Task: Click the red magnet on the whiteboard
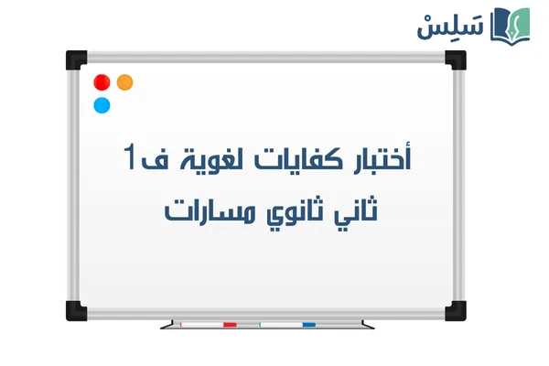pyautogui.click(x=102, y=82)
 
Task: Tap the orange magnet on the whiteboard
pyautogui.click(x=125, y=81)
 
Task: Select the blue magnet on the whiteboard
pyautogui.click(x=102, y=104)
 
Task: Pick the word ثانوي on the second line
pyautogui.click(x=293, y=212)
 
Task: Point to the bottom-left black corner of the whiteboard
pyautogui.click(x=74, y=307)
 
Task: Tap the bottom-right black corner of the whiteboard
pyautogui.click(x=456, y=307)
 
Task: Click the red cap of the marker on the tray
pyautogui.click(x=230, y=324)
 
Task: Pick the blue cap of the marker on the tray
pyautogui.click(x=308, y=324)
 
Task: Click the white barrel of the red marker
pyautogui.click(x=201, y=324)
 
